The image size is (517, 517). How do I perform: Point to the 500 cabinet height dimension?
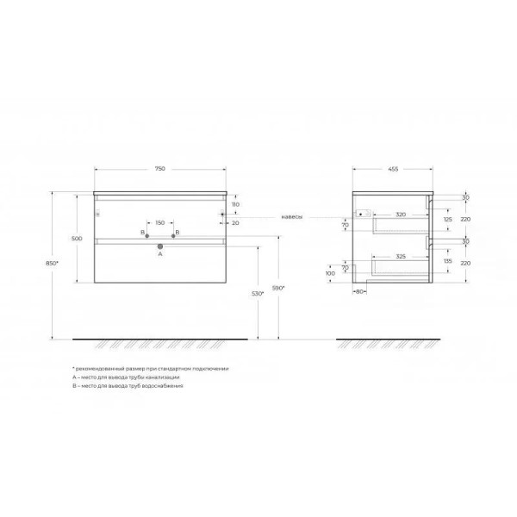pyautogui.click(x=77, y=238)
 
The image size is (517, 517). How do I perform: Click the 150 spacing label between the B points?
pyautogui.click(x=160, y=223)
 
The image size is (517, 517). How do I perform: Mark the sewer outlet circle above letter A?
pyautogui.click(x=160, y=246)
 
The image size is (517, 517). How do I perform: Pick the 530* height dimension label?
pyautogui.click(x=247, y=294)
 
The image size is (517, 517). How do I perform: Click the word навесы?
pyautogui.click(x=292, y=217)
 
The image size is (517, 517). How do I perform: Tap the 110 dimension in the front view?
pyautogui.click(x=234, y=205)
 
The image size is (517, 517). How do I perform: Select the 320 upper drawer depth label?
pyautogui.click(x=401, y=214)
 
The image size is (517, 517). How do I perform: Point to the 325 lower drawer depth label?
pyautogui.click(x=402, y=258)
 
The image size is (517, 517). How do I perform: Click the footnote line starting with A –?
pyautogui.click(x=126, y=377)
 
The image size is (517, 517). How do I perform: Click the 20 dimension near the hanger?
pyautogui.click(x=234, y=221)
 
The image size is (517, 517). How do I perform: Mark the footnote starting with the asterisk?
pyautogui.click(x=150, y=368)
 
